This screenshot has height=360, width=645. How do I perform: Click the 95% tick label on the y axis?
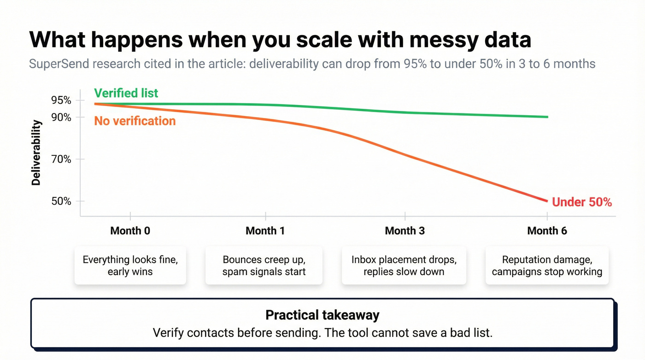click(x=61, y=100)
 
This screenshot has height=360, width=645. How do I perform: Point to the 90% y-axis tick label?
click(x=61, y=118)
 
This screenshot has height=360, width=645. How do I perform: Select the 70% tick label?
click(x=61, y=159)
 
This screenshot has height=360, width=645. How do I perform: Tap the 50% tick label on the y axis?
click(x=61, y=201)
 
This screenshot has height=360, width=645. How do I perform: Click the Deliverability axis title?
click(x=36, y=153)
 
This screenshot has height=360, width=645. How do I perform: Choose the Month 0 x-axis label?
click(x=130, y=230)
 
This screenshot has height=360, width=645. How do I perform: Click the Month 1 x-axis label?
click(x=265, y=230)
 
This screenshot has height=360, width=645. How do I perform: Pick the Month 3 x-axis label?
click(x=405, y=230)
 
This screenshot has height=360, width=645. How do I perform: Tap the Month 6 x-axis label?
click(x=547, y=230)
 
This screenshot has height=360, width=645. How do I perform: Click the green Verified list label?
click(x=126, y=93)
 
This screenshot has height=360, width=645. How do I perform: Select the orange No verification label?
click(x=135, y=121)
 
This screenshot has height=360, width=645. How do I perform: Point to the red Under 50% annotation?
click(x=581, y=202)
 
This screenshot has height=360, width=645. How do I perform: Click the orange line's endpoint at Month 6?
click(x=547, y=201)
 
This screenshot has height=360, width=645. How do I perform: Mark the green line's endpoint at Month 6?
click(x=547, y=117)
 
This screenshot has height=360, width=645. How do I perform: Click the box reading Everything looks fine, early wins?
click(x=130, y=266)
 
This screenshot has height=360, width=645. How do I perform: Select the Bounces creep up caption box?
click(x=264, y=266)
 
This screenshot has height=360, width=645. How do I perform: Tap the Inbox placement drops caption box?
click(x=404, y=266)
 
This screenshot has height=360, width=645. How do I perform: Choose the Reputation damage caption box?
click(x=547, y=266)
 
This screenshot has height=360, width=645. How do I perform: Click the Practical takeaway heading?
click(x=322, y=315)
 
